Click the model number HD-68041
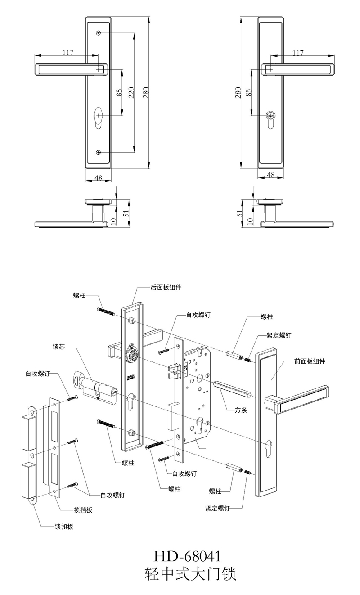point(188,556)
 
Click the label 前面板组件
point(310,361)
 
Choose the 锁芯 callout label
point(59,347)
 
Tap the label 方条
point(243,410)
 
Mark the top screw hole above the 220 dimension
point(98,33)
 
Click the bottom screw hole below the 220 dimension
point(98,152)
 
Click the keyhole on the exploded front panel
point(270,449)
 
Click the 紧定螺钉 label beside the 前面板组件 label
point(279,335)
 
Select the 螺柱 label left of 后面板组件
point(79,296)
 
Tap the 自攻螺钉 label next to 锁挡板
point(112,495)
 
